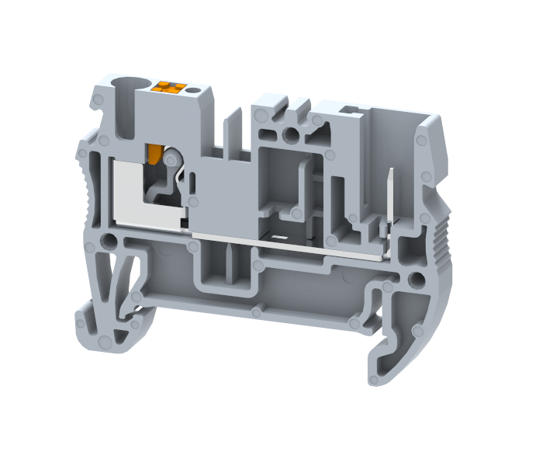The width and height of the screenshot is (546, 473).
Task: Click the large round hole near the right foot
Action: click(x=417, y=280)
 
